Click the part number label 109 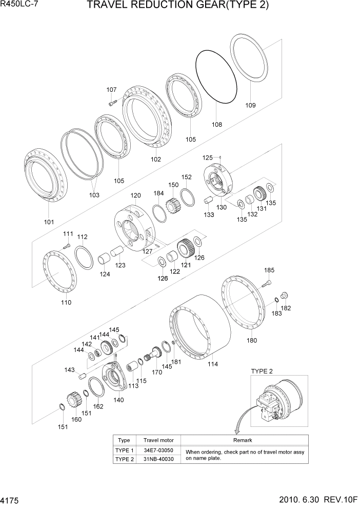tap(250, 106)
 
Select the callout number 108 tap(217, 124)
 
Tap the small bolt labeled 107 tap(113, 103)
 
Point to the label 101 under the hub tap(49, 222)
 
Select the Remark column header tap(243, 440)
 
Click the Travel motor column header tap(158, 440)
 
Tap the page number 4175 tap(11, 499)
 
